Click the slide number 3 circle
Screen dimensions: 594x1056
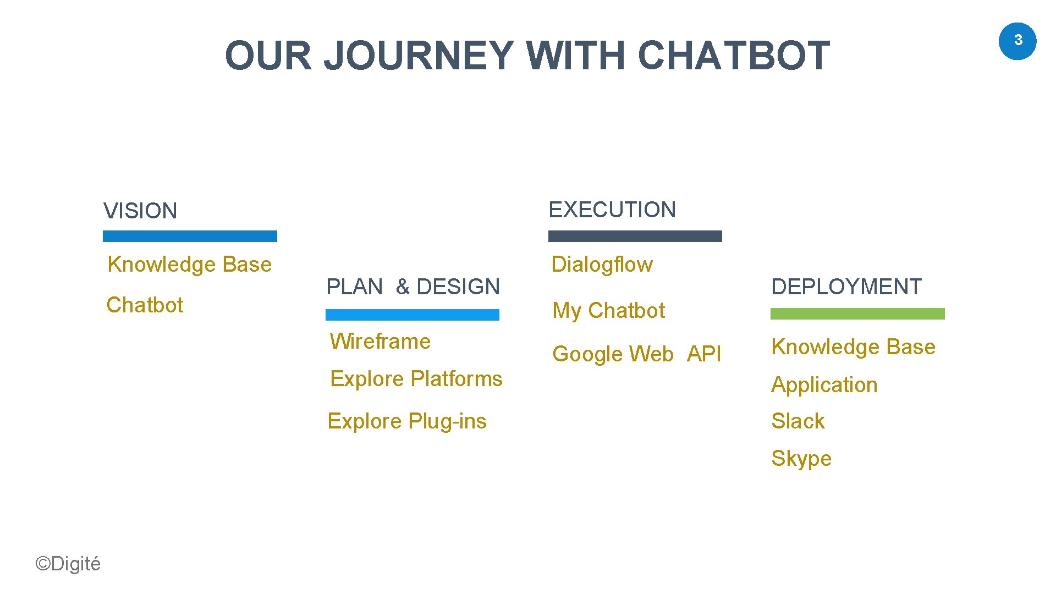(x=1017, y=41)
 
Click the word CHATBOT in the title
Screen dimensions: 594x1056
(x=733, y=56)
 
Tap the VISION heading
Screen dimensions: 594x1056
(x=140, y=211)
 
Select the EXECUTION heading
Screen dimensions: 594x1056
(x=612, y=210)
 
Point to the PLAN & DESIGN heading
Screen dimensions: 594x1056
(x=413, y=287)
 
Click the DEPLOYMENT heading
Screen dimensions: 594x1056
(x=846, y=287)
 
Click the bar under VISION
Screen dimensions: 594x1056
(x=190, y=237)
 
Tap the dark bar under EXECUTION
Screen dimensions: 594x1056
(x=635, y=237)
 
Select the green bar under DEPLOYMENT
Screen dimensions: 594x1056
(x=857, y=314)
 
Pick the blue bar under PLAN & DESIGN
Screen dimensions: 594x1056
(x=413, y=315)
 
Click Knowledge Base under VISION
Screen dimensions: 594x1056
(x=190, y=265)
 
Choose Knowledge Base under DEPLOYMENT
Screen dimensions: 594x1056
(x=853, y=347)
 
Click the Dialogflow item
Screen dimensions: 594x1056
(x=602, y=265)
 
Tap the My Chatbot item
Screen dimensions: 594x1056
(x=608, y=311)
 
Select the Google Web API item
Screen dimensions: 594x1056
(x=636, y=354)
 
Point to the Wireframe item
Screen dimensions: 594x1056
(x=380, y=342)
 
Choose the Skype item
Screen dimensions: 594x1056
(x=801, y=459)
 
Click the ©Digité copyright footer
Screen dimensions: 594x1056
(x=68, y=564)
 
